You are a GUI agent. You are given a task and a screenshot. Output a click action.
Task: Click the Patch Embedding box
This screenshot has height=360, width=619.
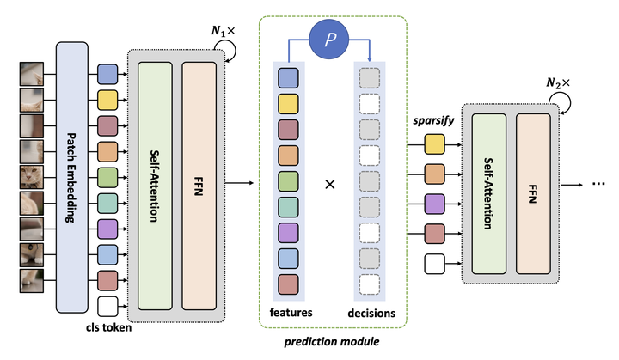coord(73,179)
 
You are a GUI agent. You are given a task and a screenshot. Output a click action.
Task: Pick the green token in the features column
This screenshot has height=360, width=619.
coord(288,181)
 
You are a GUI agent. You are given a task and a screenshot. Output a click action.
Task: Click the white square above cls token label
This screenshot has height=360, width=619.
coord(107,305)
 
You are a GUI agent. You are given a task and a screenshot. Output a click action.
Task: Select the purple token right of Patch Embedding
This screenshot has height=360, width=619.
coord(107,229)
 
